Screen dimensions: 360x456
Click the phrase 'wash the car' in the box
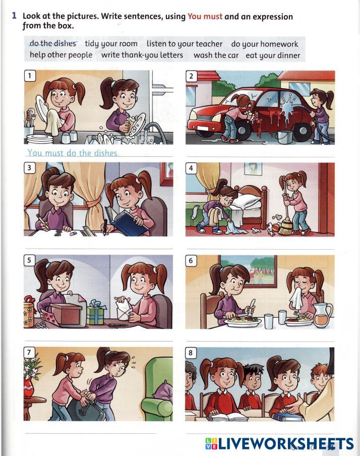[216, 55]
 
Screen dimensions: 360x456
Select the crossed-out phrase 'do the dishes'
[52, 43]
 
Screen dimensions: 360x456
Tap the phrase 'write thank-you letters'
[142, 55]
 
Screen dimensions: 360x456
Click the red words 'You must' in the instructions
[205, 17]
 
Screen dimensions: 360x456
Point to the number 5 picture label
[29, 260]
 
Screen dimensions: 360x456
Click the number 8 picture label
[191, 353]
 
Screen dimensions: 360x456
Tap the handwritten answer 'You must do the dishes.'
[73, 153]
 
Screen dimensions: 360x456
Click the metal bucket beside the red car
[285, 137]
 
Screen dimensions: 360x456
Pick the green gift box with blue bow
[95, 313]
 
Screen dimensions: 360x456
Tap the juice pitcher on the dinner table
[322, 315]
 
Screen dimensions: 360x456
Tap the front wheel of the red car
[242, 129]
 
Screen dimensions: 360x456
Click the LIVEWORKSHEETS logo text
[279, 444]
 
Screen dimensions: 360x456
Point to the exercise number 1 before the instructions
[14, 16]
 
